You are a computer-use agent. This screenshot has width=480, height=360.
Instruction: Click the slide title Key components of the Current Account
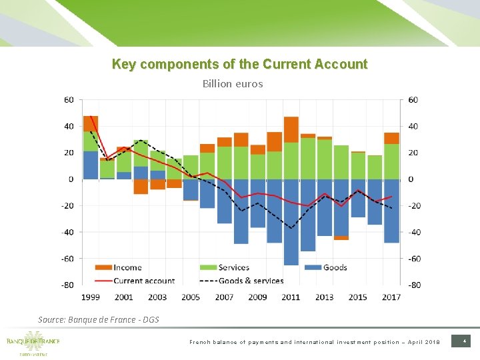(x=239, y=64)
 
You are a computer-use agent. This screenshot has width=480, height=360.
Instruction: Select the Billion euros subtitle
(x=233, y=84)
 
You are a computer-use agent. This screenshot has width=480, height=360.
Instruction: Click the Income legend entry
(x=127, y=267)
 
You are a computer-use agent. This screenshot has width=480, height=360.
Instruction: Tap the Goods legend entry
(x=334, y=267)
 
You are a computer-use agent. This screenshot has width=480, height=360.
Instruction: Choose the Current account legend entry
(x=143, y=281)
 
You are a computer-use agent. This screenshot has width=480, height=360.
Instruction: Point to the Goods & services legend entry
(x=249, y=281)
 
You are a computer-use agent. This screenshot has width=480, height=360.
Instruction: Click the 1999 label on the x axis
(x=91, y=297)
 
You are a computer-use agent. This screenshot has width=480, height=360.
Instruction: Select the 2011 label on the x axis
(x=291, y=297)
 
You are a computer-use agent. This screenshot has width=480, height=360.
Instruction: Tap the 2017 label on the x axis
(x=391, y=297)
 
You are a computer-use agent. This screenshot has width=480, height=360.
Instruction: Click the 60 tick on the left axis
(x=69, y=100)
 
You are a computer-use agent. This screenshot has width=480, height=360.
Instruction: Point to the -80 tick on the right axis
(x=415, y=285)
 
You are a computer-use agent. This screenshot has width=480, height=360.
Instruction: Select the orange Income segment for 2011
(x=291, y=129)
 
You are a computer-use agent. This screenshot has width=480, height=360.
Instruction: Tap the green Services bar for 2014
(x=341, y=162)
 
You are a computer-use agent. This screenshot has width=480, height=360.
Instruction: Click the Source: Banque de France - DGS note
(x=99, y=320)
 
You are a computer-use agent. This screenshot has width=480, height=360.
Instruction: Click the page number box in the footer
(x=463, y=341)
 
